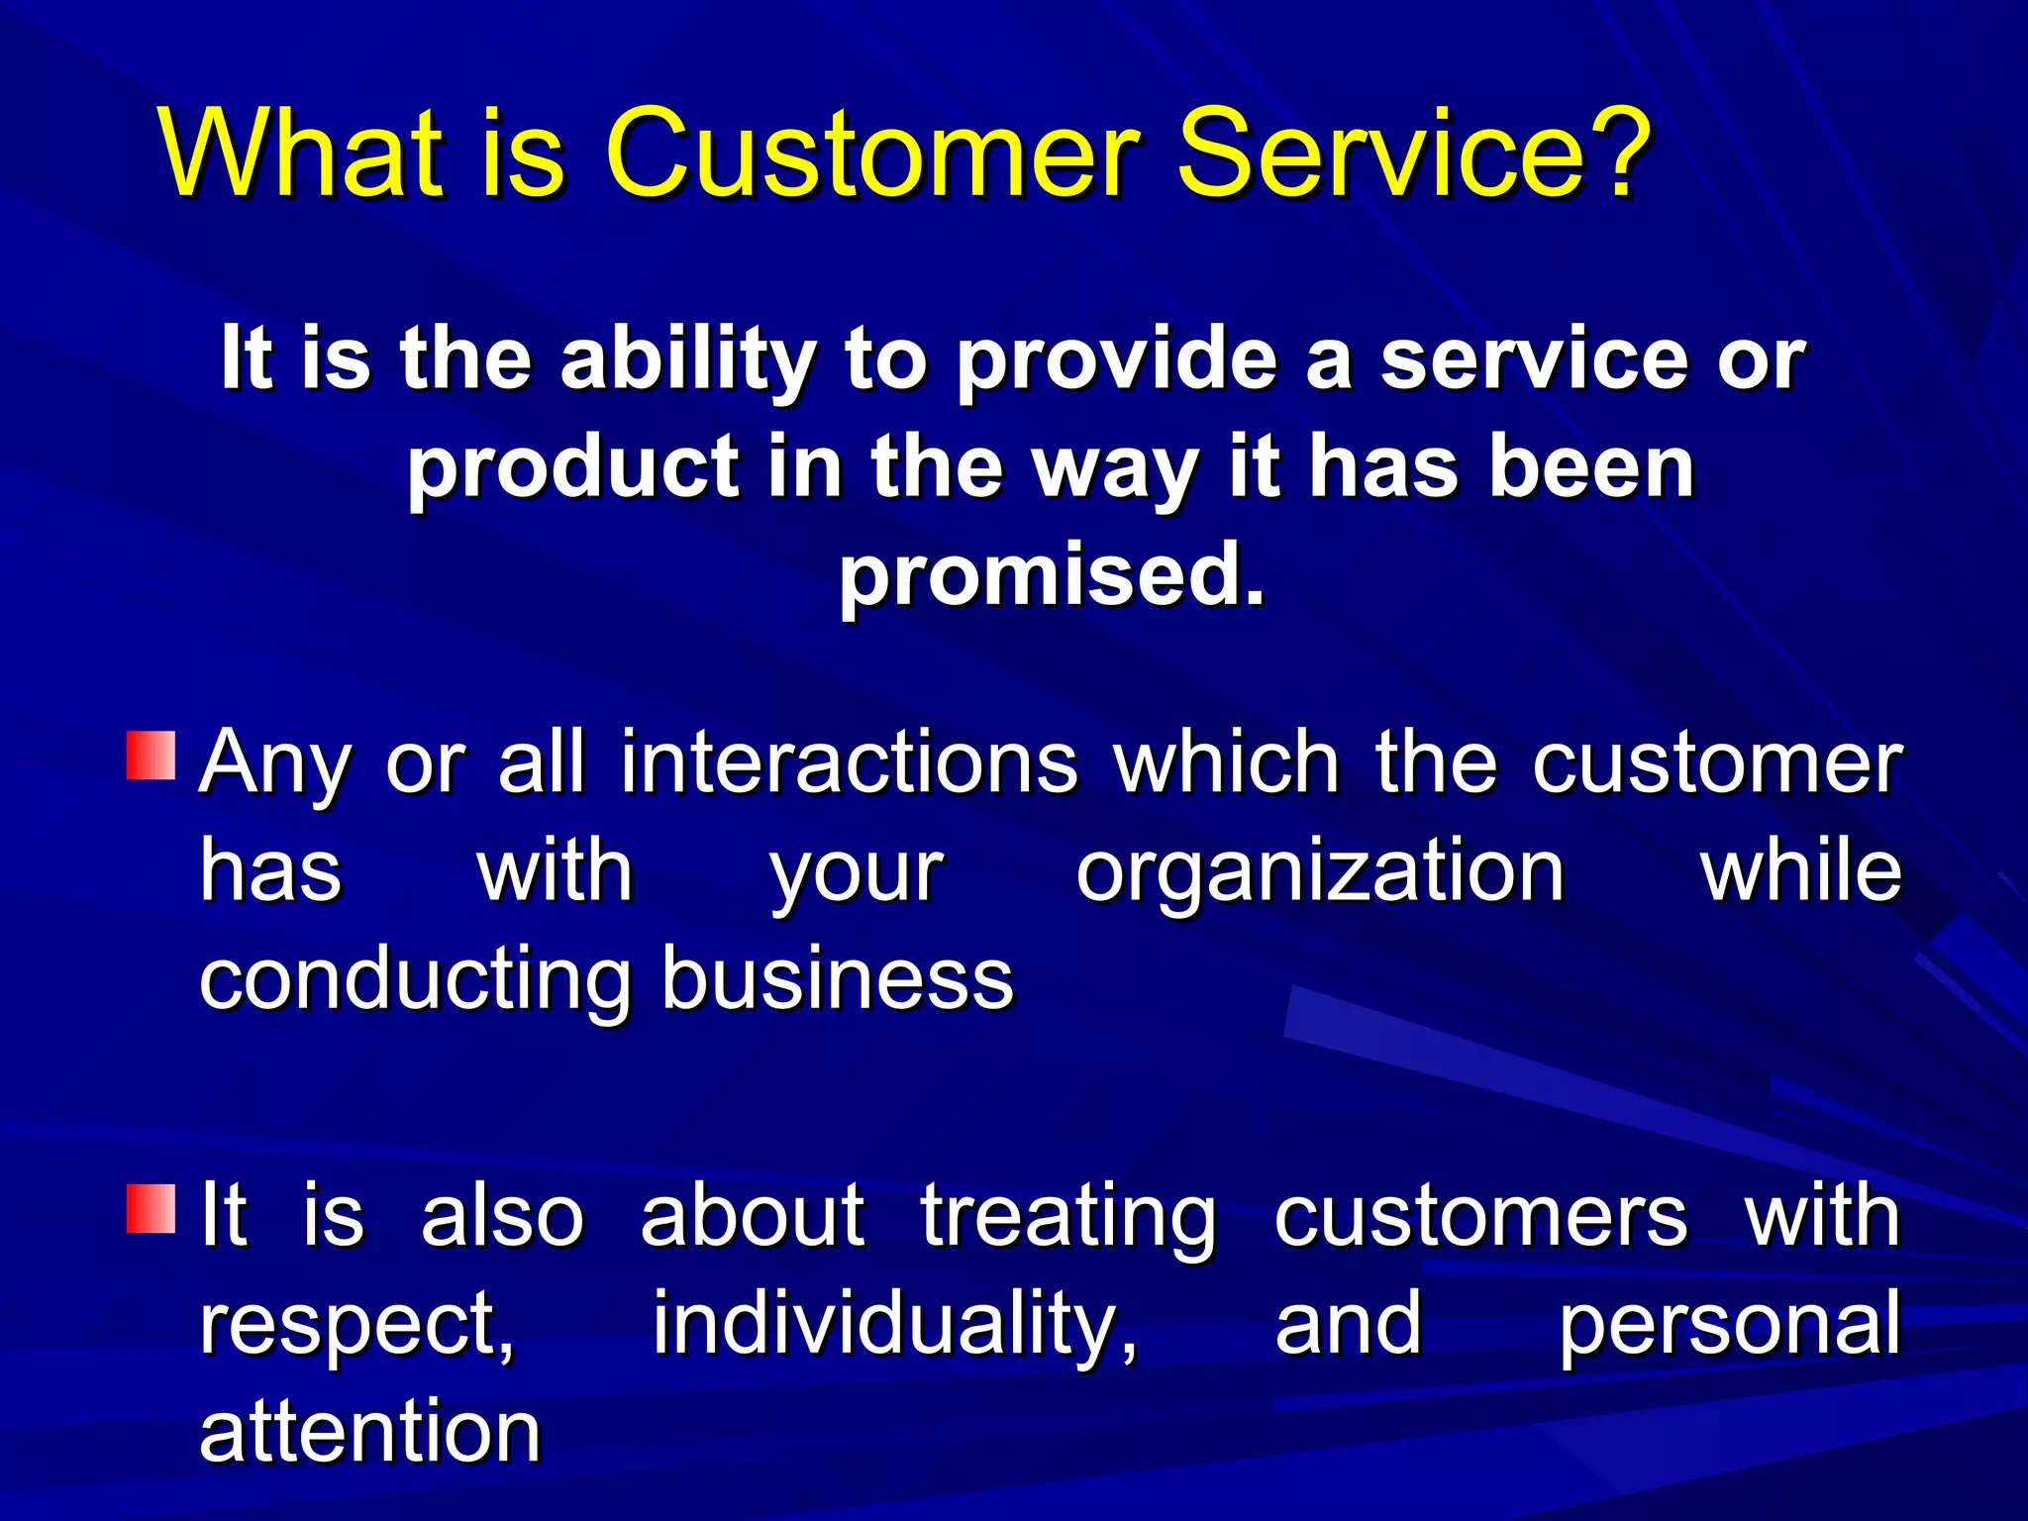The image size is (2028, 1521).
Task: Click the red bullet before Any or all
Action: pos(151,756)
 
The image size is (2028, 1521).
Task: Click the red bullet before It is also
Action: pos(151,1207)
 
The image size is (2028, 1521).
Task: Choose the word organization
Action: pos(1320,873)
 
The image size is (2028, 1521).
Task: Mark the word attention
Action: pos(369,1433)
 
